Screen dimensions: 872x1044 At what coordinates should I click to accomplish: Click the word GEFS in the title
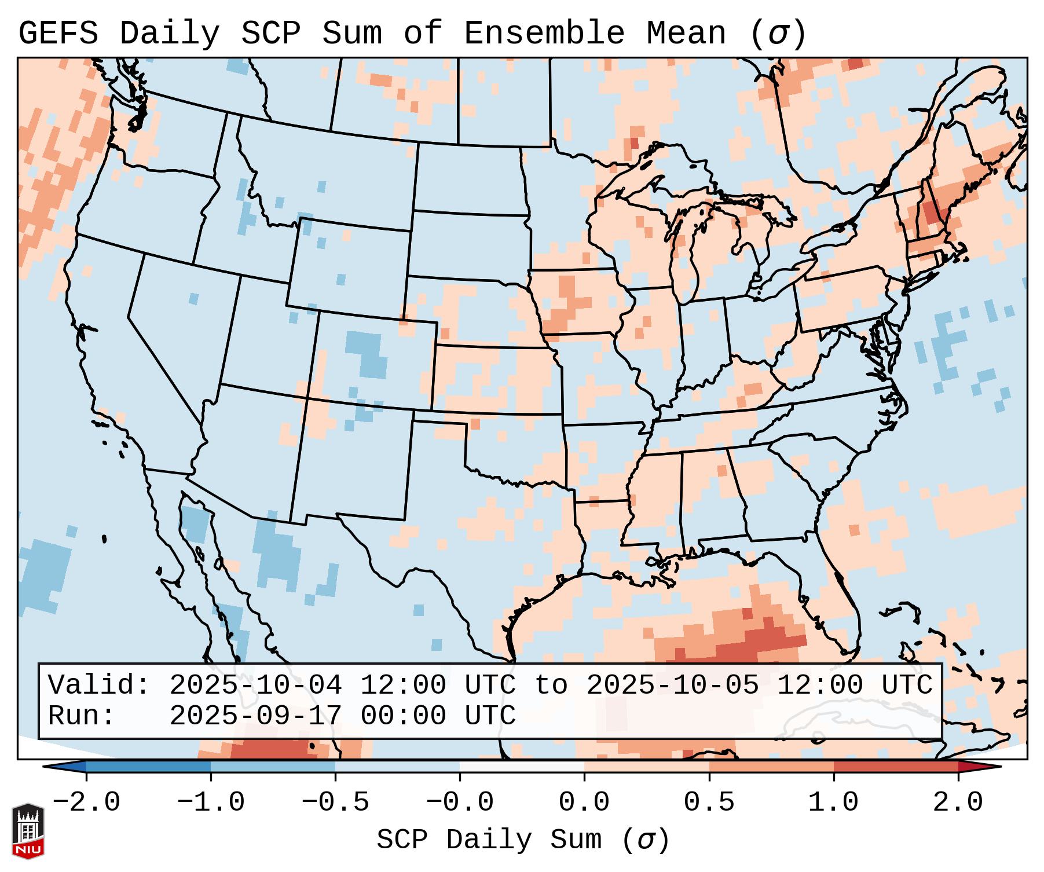point(58,33)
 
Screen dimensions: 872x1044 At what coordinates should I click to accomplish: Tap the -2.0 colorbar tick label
point(86,803)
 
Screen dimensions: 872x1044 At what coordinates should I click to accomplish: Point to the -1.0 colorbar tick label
point(211,803)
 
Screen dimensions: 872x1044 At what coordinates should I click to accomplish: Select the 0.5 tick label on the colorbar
point(709,803)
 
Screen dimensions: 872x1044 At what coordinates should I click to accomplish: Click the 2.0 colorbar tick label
point(958,803)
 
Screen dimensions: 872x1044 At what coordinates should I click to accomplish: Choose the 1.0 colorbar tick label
point(834,803)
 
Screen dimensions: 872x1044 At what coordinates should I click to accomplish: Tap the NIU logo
point(28,830)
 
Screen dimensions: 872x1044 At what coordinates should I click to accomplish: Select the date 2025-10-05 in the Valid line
point(672,686)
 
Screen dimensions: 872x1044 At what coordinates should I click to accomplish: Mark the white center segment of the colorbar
point(522,767)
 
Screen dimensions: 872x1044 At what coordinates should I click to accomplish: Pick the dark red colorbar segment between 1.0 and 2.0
point(896,767)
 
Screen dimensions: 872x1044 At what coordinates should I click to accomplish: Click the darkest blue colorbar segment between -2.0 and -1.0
point(148,767)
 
